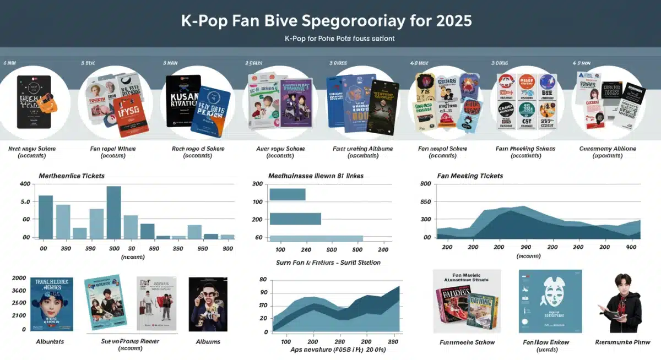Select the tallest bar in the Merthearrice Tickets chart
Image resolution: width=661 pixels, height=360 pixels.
[113, 212]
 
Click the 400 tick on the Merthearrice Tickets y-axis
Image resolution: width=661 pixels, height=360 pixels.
[26, 184]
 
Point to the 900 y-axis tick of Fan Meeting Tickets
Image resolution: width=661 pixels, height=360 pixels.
[425, 184]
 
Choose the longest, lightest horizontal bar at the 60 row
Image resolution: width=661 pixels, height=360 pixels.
[316, 238]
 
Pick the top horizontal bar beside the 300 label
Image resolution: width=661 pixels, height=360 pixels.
[287, 194]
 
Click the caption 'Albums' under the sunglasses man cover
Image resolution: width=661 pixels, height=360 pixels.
[208, 342]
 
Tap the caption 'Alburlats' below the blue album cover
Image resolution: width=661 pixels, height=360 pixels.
[49, 342]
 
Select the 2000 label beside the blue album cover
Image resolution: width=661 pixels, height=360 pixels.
[19, 279]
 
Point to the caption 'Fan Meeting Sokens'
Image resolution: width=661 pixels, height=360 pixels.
[525, 149]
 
